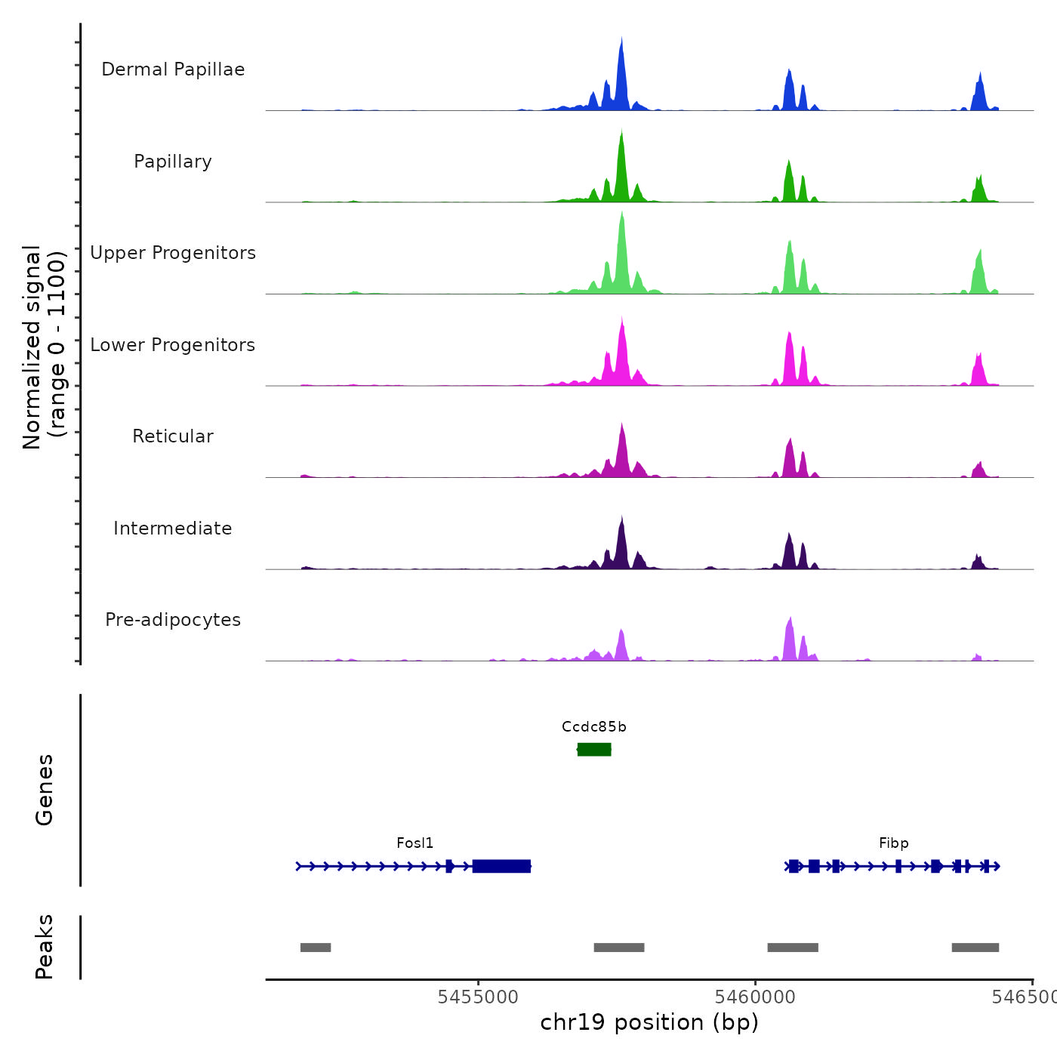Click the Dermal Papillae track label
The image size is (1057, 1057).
(173, 69)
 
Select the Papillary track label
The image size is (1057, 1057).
(173, 162)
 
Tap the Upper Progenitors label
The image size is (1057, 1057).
(173, 253)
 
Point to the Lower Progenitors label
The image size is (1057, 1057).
(173, 345)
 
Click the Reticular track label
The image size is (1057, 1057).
(173, 436)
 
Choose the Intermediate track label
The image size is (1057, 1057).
(173, 528)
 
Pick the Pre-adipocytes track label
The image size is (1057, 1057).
(173, 620)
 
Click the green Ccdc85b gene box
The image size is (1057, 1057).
(594, 749)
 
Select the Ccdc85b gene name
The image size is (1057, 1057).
(594, 727)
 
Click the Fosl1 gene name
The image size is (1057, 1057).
(415, 843)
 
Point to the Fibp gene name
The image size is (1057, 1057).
(893, 843)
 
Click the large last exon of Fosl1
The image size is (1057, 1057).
(501, 866)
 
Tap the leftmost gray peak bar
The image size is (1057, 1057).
(316, 948)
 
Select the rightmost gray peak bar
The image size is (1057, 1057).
(975, 948)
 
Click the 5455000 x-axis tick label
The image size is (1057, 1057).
(478, 997)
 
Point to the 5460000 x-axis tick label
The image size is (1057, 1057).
(755, 997)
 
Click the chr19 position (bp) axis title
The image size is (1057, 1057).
(649, 1022)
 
